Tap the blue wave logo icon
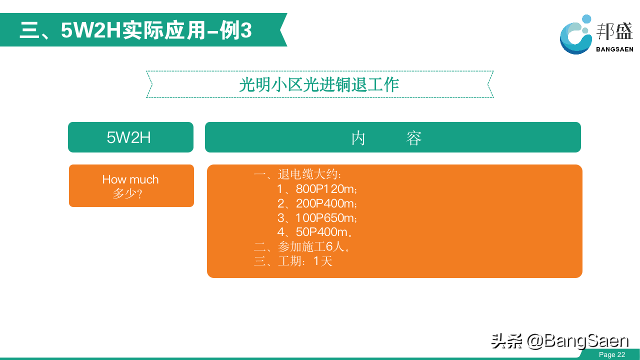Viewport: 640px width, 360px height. coord(575,35)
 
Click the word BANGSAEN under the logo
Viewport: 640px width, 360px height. coord(614,49)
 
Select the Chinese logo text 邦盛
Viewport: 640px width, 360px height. coord(614,31)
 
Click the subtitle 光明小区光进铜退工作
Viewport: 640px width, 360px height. coord(319,84)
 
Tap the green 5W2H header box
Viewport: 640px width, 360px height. coord(130,137)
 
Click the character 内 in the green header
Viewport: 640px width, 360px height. coord(358,138)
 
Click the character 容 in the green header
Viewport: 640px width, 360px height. coord(413,138)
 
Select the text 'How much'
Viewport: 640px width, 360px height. coord(130,179)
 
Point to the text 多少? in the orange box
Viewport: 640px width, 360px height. coord(127,193)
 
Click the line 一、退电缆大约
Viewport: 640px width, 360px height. coord(297,174)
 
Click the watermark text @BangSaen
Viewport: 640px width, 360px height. coord(577,341)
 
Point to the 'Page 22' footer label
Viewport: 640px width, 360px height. coord(612,354)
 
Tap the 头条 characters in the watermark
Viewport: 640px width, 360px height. coord(506,341)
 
